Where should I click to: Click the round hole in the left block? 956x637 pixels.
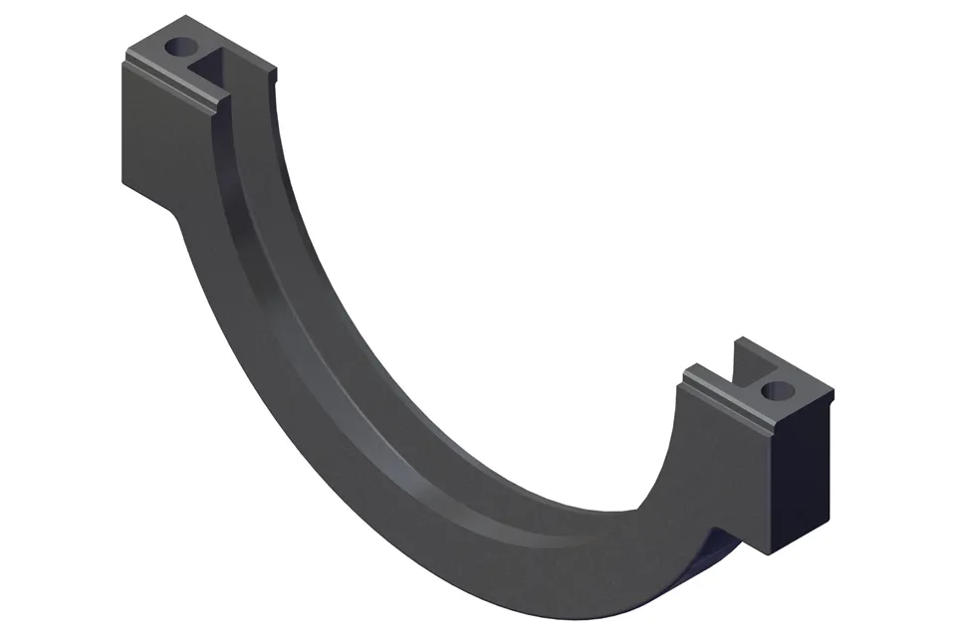[182, 46]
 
